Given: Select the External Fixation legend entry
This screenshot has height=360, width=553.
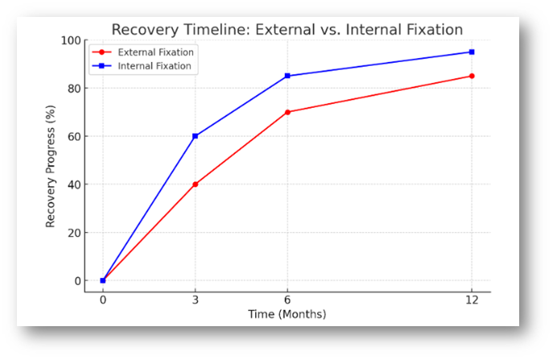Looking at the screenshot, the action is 142,52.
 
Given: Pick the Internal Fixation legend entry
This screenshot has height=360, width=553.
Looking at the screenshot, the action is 142,66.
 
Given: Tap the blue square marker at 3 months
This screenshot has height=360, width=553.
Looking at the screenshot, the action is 195,136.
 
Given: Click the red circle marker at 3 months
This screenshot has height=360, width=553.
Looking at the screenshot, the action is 195,184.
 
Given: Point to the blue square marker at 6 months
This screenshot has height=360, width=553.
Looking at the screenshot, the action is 287,76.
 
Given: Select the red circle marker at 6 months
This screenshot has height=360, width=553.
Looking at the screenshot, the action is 287,112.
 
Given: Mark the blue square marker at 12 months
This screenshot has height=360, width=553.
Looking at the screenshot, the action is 472,52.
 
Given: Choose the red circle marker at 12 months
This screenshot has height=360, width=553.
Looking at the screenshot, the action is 472,76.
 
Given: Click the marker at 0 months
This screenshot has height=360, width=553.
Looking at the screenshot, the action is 102,280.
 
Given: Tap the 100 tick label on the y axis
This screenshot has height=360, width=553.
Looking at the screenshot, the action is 71,40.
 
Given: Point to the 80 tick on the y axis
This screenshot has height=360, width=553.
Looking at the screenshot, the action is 74,89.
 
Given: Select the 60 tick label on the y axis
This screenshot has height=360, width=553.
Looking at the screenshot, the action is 74,137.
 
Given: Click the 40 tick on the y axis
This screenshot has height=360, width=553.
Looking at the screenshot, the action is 74,185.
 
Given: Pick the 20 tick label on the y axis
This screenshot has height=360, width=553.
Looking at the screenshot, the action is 74,233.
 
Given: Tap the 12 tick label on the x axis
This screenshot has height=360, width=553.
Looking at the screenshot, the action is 472,300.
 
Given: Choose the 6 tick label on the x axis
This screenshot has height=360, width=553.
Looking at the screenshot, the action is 287,300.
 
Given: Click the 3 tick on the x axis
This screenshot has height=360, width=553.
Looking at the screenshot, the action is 195,300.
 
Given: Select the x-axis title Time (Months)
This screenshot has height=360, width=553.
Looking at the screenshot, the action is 287,314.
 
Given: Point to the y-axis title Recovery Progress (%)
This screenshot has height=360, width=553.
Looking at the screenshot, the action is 51,166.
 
